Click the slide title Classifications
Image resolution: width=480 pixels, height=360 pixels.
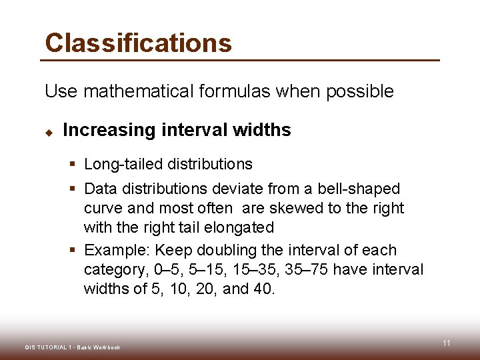coord(138,43)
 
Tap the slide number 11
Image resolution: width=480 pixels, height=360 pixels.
coord(447,343)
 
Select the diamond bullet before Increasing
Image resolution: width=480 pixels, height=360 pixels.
coord(49,131)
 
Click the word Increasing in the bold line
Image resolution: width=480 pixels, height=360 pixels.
coord(109,130)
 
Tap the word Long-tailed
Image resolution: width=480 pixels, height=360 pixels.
coord(124,164)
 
